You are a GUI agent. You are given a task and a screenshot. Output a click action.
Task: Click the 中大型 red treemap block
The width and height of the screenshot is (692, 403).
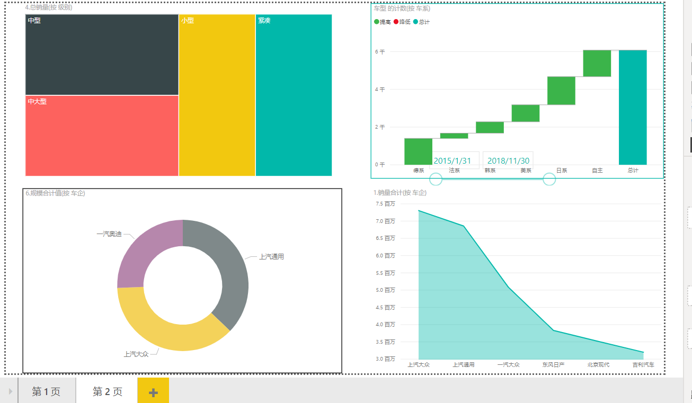[x=102, y=136]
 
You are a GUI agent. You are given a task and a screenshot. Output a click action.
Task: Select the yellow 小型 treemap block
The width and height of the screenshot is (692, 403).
[x=217, y=95]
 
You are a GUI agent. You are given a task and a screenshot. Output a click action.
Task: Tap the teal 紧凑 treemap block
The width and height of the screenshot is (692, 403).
[x=294, y=95]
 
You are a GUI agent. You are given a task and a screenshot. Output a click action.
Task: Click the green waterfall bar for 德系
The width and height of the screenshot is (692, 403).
[x=418, y=151]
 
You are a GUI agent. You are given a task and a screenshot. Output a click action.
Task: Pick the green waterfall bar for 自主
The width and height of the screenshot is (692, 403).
[x=597, y=63]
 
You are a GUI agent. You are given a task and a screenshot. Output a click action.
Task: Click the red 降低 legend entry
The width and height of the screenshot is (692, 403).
[x=402, y=22]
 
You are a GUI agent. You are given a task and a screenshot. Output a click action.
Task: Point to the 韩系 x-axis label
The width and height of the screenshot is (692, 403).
[x=490, y=171]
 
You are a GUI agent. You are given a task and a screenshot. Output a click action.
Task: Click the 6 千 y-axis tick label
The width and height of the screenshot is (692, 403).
[x=380, y=52]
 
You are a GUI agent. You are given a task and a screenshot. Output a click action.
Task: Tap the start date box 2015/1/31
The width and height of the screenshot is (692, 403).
[x=452, y=160]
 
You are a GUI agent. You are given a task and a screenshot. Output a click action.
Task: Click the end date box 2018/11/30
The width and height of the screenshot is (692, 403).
[x=508, y=160]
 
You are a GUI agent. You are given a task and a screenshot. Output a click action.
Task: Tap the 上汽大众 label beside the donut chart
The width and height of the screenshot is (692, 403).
[x=136, y=354]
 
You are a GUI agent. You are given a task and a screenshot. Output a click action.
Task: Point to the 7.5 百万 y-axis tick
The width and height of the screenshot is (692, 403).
[x=385, y=204]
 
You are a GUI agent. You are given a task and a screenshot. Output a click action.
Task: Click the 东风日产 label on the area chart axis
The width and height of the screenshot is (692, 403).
[x=553, y=365]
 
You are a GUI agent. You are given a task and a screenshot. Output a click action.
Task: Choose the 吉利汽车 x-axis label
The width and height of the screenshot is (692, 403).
[x=643, y=365]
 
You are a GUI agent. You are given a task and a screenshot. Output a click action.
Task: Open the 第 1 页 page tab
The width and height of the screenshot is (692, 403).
[x=46, y=391]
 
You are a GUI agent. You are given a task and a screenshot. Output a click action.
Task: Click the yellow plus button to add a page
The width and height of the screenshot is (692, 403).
[x=153, y=392]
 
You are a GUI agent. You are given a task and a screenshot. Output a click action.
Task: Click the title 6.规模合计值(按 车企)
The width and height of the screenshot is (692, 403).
[x=55, y=193]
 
